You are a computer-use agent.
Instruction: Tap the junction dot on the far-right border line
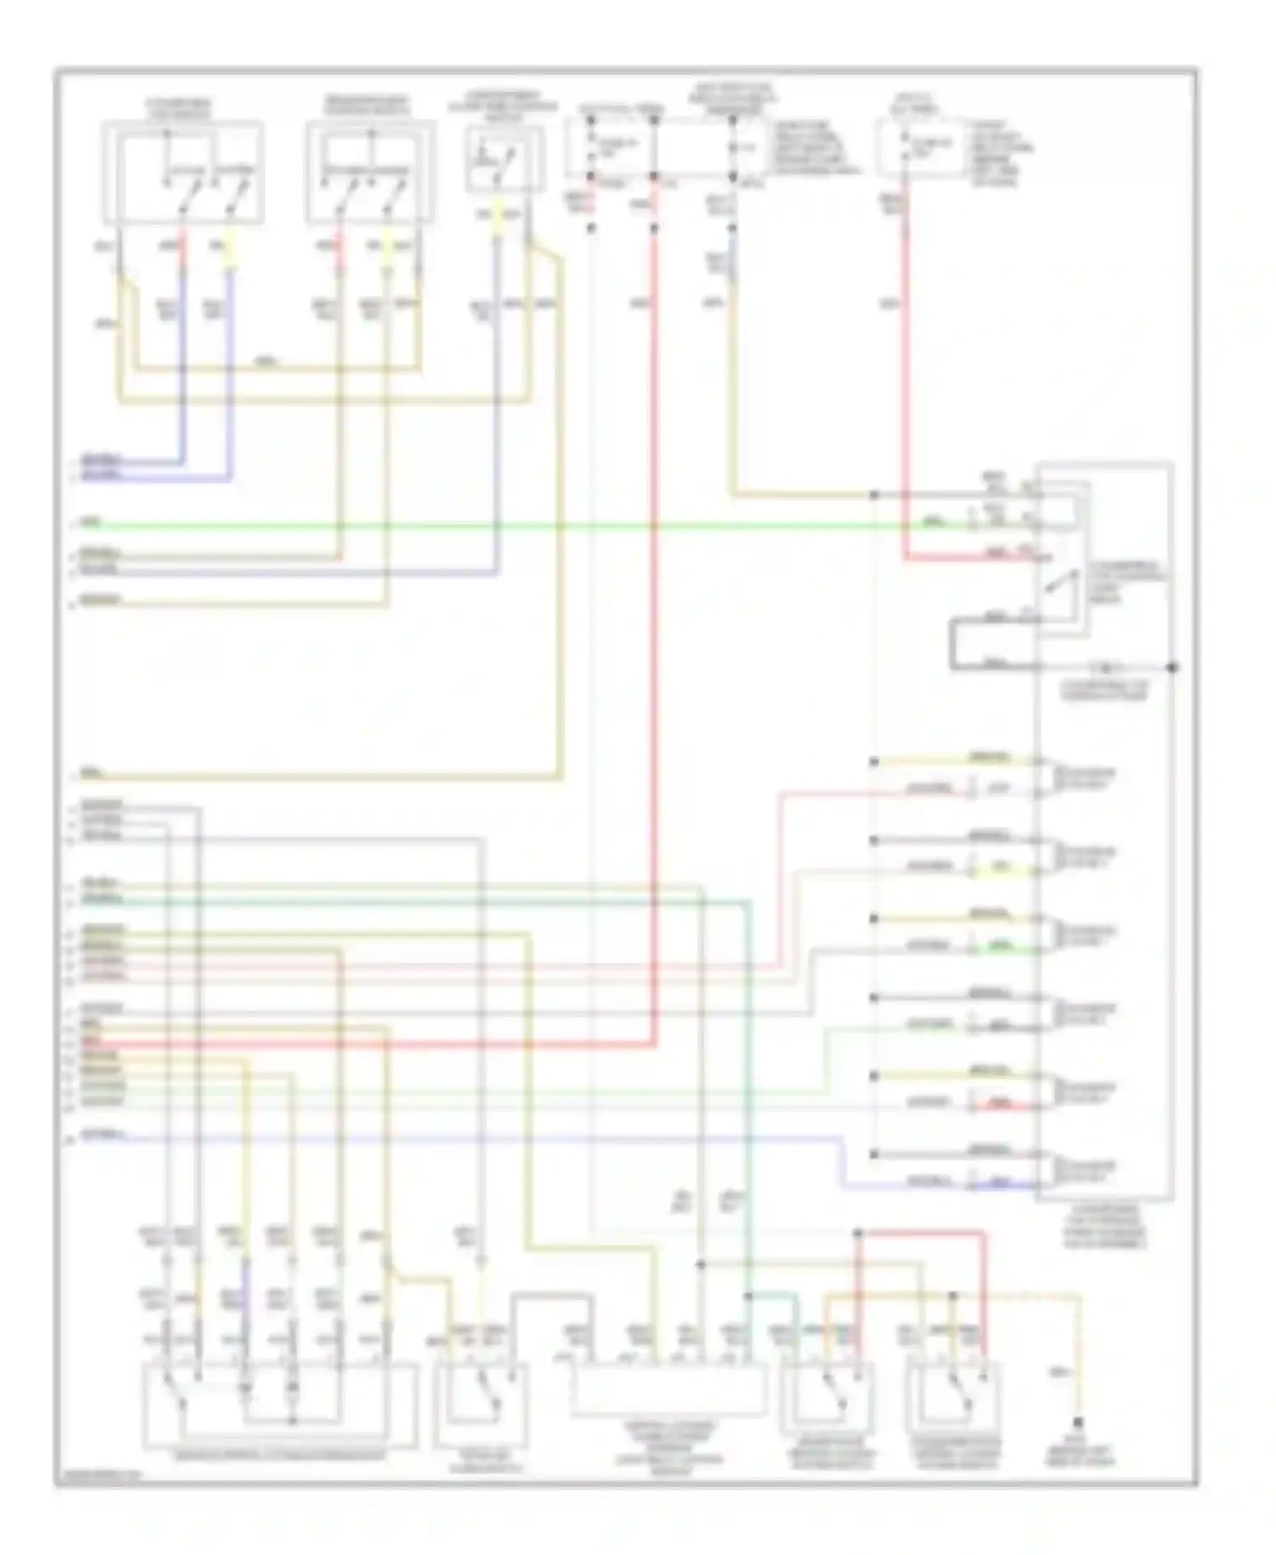[x=1173, y=667]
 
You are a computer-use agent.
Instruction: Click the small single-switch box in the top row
[x=504, y=160]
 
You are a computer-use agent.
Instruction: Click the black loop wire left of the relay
[x=954, y=645]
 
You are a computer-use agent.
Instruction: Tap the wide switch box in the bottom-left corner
[x=281, y=1404]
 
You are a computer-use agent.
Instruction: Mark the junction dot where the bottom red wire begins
[x=857, y=1233]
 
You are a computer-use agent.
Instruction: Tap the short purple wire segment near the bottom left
[x=246, y=1280]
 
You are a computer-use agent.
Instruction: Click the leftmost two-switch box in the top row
[x=183, y=174]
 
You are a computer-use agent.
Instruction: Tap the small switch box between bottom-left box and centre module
[x=481, y=1404]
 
